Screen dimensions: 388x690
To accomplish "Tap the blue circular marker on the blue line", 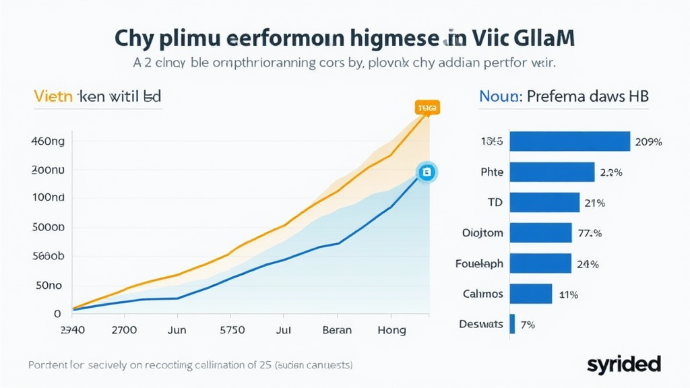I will [426, 172].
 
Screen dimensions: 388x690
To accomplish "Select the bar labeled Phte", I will [552, 172].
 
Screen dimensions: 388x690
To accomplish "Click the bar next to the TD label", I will [544, 202].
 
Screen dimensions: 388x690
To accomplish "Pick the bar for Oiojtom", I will [540, 232].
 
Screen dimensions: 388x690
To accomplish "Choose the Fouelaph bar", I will [540, 263].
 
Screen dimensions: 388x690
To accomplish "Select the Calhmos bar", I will [531, 294].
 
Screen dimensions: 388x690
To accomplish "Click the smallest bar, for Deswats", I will [513, 324].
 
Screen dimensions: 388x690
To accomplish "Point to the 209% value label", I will [648, 142].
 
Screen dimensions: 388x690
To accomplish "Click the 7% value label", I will [528, 325].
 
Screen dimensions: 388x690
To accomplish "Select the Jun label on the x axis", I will [177, 330].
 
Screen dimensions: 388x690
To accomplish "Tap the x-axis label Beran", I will [338, 330].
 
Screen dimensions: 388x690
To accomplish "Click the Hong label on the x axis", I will [391, 330].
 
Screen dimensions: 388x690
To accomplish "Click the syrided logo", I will [623, 364].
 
